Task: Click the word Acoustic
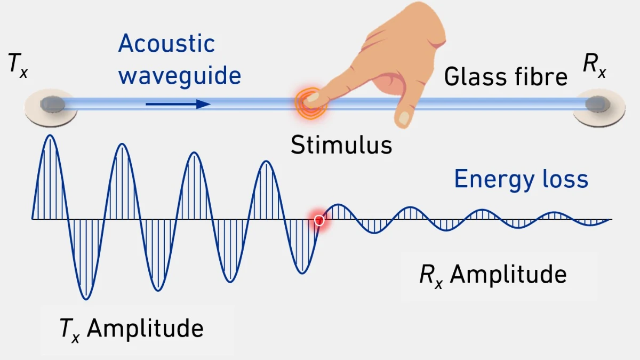point(166,43)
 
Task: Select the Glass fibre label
point(506,77)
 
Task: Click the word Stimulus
point(341,145)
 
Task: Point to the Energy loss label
point(521,179)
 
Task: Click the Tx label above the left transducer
point(18,66)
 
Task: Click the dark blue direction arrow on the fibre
point(178,104)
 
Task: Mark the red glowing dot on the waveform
point(319,220)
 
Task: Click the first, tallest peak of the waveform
point(50,137)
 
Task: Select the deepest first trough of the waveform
point(85,298)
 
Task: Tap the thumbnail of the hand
point(404,117)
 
